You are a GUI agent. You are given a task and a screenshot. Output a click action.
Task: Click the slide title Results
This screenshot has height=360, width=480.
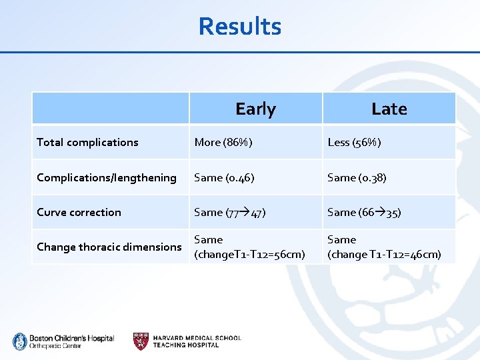240,27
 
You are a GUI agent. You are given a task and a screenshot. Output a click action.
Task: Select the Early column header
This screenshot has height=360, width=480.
255,109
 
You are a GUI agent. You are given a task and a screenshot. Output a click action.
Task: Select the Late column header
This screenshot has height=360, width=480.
389,109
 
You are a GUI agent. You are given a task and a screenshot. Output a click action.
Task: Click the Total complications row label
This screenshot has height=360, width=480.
87,142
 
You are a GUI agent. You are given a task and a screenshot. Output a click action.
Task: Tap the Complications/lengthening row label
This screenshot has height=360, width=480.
107,177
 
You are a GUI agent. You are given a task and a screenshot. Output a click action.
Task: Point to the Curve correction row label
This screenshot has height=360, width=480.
79,212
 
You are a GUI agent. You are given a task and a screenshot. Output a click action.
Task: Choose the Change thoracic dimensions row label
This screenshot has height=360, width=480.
109,247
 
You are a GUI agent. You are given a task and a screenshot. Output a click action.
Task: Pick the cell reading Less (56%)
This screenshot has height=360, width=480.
354,142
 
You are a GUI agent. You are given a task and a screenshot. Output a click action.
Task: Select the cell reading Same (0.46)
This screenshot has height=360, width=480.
223,177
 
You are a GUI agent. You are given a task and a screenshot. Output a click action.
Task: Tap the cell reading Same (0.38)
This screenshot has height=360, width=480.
357,177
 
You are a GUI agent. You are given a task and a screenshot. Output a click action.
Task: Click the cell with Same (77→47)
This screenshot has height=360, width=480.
230,212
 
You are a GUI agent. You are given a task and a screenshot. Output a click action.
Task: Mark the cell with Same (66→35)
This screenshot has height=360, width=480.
363,212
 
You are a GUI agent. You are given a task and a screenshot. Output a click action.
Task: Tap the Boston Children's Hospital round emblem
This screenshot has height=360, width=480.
19,341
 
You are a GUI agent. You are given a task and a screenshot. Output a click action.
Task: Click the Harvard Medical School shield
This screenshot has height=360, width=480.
141,341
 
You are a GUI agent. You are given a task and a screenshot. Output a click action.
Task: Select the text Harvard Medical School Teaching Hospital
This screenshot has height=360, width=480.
197,341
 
